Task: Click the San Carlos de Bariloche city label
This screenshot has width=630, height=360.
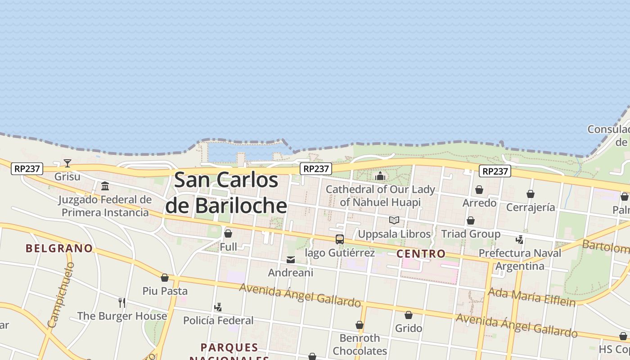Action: click(x=226, y=193)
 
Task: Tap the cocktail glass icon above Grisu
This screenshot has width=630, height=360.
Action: click(x=67, y=163)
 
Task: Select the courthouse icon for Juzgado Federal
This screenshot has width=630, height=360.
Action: click(x=105, y=186)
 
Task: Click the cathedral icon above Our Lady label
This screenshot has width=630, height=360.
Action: click(x=380, y=176)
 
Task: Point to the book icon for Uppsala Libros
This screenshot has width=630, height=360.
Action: click(x=394, y=220)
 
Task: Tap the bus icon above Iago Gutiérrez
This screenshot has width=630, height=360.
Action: click(x=340, y=239)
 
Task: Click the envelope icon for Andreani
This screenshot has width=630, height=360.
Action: click(x=291, y=260)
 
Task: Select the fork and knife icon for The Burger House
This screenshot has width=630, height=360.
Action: click(x=122, y=302)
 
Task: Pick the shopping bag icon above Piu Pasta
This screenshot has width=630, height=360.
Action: click(x=165, y=278)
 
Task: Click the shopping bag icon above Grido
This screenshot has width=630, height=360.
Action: click(x=409, y=315)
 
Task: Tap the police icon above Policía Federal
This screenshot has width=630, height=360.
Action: click(x=218, y=307)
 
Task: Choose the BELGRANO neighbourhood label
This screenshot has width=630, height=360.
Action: click(x=59, y=248)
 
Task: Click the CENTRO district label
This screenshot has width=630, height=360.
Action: click(x=421, y=254)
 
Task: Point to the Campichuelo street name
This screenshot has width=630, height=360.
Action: click(x=60, y=295)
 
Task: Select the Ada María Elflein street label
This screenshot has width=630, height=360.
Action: click(x=532, y=297)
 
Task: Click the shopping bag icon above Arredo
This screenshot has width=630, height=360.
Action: click(x=479, y=190)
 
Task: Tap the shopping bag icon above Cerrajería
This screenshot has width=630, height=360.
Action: click(x=531, y=194)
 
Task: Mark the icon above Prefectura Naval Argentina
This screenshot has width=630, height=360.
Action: click(x=520, y=240)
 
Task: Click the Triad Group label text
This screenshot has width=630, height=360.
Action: click(x=471, y=234)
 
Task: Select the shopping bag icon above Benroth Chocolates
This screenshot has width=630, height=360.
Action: click(x=360, y=325)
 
